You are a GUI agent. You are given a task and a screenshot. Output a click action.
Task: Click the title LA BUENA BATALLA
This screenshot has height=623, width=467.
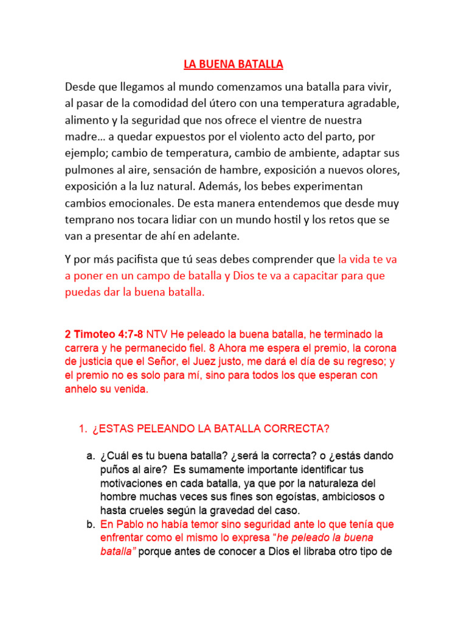pyautogui.click(x=234, y=64)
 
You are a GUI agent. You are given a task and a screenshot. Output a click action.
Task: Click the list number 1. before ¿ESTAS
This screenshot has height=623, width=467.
pyautogui.click(x=83, y=429)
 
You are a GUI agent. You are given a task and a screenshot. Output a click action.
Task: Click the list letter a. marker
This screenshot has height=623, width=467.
pyautogui.click(x=91, y=456)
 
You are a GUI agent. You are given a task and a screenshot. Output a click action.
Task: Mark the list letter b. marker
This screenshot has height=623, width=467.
pyautogui.click(x=91, y=524)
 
